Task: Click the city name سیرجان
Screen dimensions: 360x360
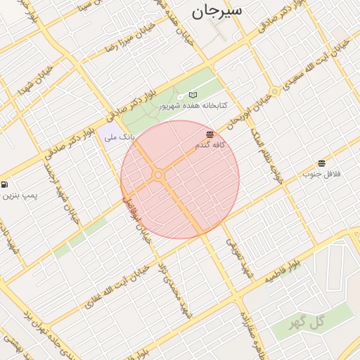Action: click(216, 12)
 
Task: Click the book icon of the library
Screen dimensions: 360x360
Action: click(193, 95)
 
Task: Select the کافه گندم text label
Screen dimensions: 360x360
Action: click(210, 145)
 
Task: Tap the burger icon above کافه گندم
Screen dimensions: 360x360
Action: click(210, 134)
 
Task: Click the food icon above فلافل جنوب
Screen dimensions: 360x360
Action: click(321, 163)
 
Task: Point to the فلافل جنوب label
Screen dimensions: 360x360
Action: click(321, 174)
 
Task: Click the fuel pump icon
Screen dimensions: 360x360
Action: click(6, 184)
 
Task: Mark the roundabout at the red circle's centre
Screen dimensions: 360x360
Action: click(158, 174)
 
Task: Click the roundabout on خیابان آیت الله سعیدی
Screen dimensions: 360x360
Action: click(276, 91)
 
